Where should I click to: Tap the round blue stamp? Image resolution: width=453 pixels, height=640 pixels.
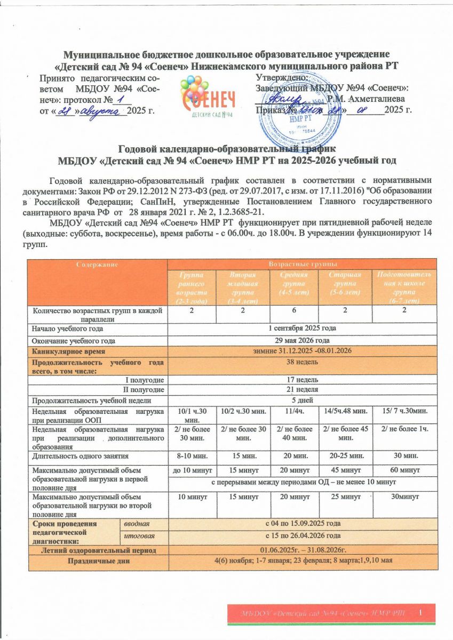tap(317, 110)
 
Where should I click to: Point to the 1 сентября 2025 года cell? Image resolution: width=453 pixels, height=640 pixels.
tap(302, 329)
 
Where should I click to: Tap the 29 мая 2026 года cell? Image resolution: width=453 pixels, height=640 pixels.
tap(302, 340)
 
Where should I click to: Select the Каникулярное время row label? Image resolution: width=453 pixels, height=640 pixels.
tap(68, 352)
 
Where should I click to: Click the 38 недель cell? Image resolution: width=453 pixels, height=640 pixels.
tap(302, 363)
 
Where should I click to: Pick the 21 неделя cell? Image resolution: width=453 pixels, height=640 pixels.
tap(302, 389)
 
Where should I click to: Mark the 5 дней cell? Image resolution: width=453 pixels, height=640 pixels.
tap(302, 401)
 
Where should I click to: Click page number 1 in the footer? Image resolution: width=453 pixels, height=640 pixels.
tap(421, 612)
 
